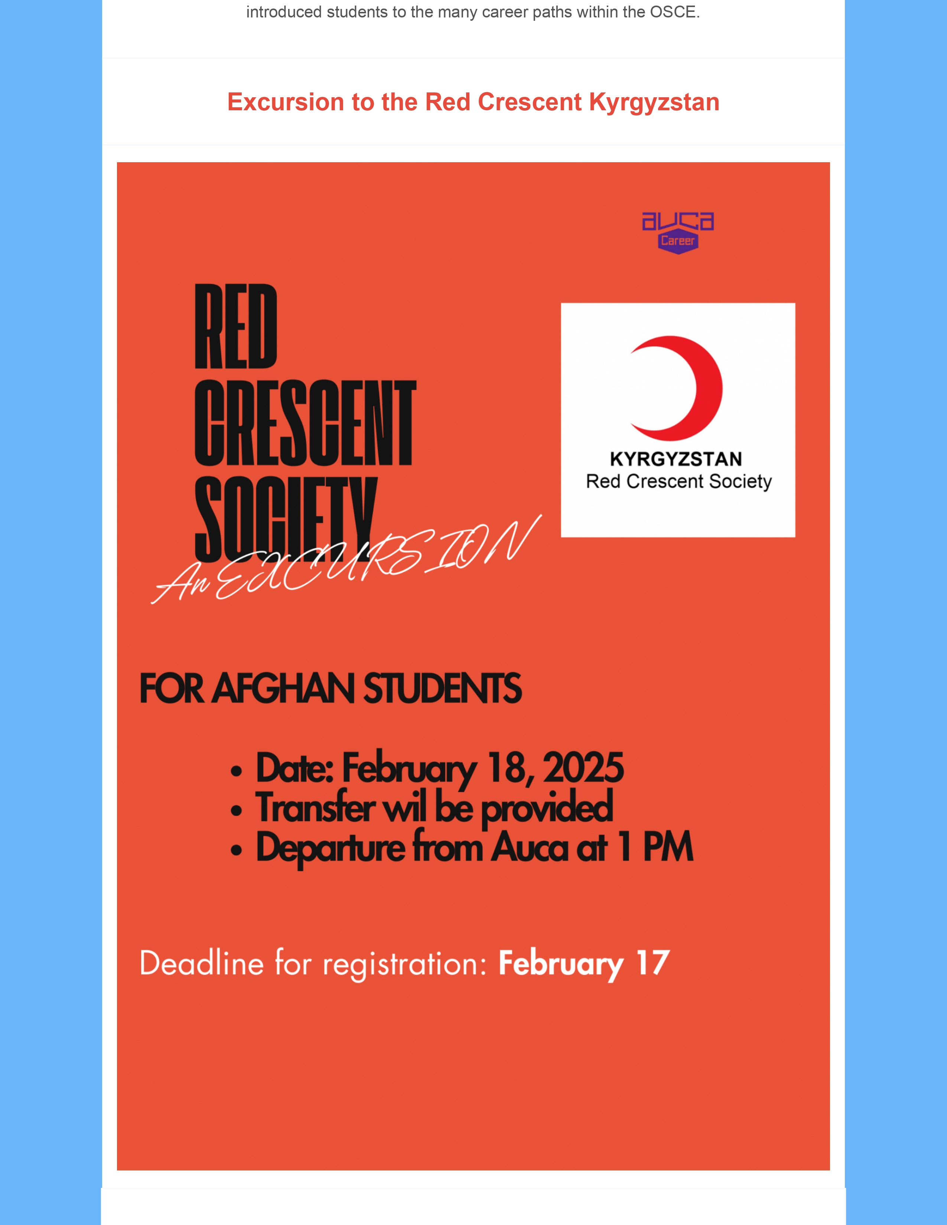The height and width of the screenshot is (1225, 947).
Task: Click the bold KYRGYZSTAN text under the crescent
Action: click(676, 459)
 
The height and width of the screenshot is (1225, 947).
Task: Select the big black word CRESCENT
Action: click(305, 423)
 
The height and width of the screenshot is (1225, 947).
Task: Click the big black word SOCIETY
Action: click(286, 519)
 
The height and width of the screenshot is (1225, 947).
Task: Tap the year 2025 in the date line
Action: click(583, 767)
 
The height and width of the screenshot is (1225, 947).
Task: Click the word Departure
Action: click(331, 848)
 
